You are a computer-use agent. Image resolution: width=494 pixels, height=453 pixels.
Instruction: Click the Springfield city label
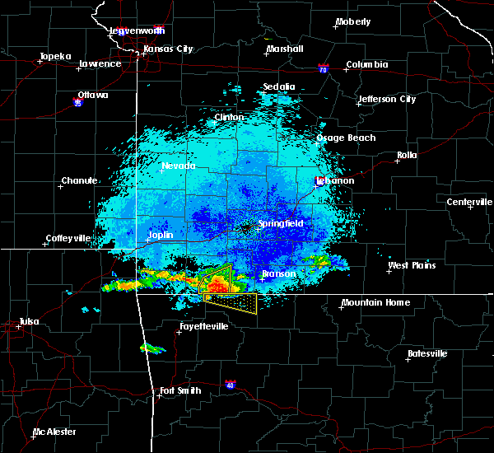point(281,223)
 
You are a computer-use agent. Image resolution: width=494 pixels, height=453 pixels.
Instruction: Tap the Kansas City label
point(168,49)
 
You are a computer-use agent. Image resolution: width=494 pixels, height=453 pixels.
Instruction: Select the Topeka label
point(55,57)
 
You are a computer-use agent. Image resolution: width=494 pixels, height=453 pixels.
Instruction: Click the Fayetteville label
point(202,327)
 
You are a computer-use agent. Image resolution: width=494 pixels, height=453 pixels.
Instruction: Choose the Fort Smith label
point(179,390)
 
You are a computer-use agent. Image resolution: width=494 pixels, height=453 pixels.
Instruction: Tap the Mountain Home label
point(375,302)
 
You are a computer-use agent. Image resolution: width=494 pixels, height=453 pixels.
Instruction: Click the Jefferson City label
point(386,100)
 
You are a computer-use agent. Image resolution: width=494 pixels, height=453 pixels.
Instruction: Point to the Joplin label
point(161,235)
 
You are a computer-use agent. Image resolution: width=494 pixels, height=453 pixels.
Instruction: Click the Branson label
point(278,274)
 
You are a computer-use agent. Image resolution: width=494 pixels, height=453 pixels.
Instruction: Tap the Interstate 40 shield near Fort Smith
point(231,385)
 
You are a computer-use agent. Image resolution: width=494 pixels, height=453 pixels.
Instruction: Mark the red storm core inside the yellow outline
point(217,286)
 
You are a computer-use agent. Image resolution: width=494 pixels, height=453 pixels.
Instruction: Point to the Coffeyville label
point(71,238)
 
